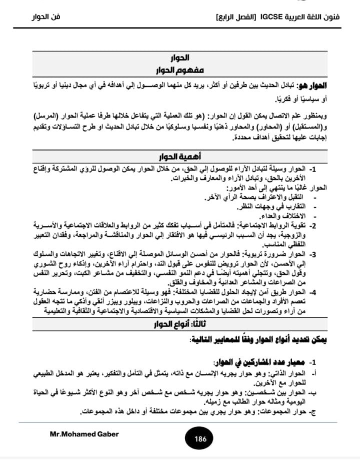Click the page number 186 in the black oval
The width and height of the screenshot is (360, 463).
200,439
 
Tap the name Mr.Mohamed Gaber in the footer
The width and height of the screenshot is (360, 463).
84,434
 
